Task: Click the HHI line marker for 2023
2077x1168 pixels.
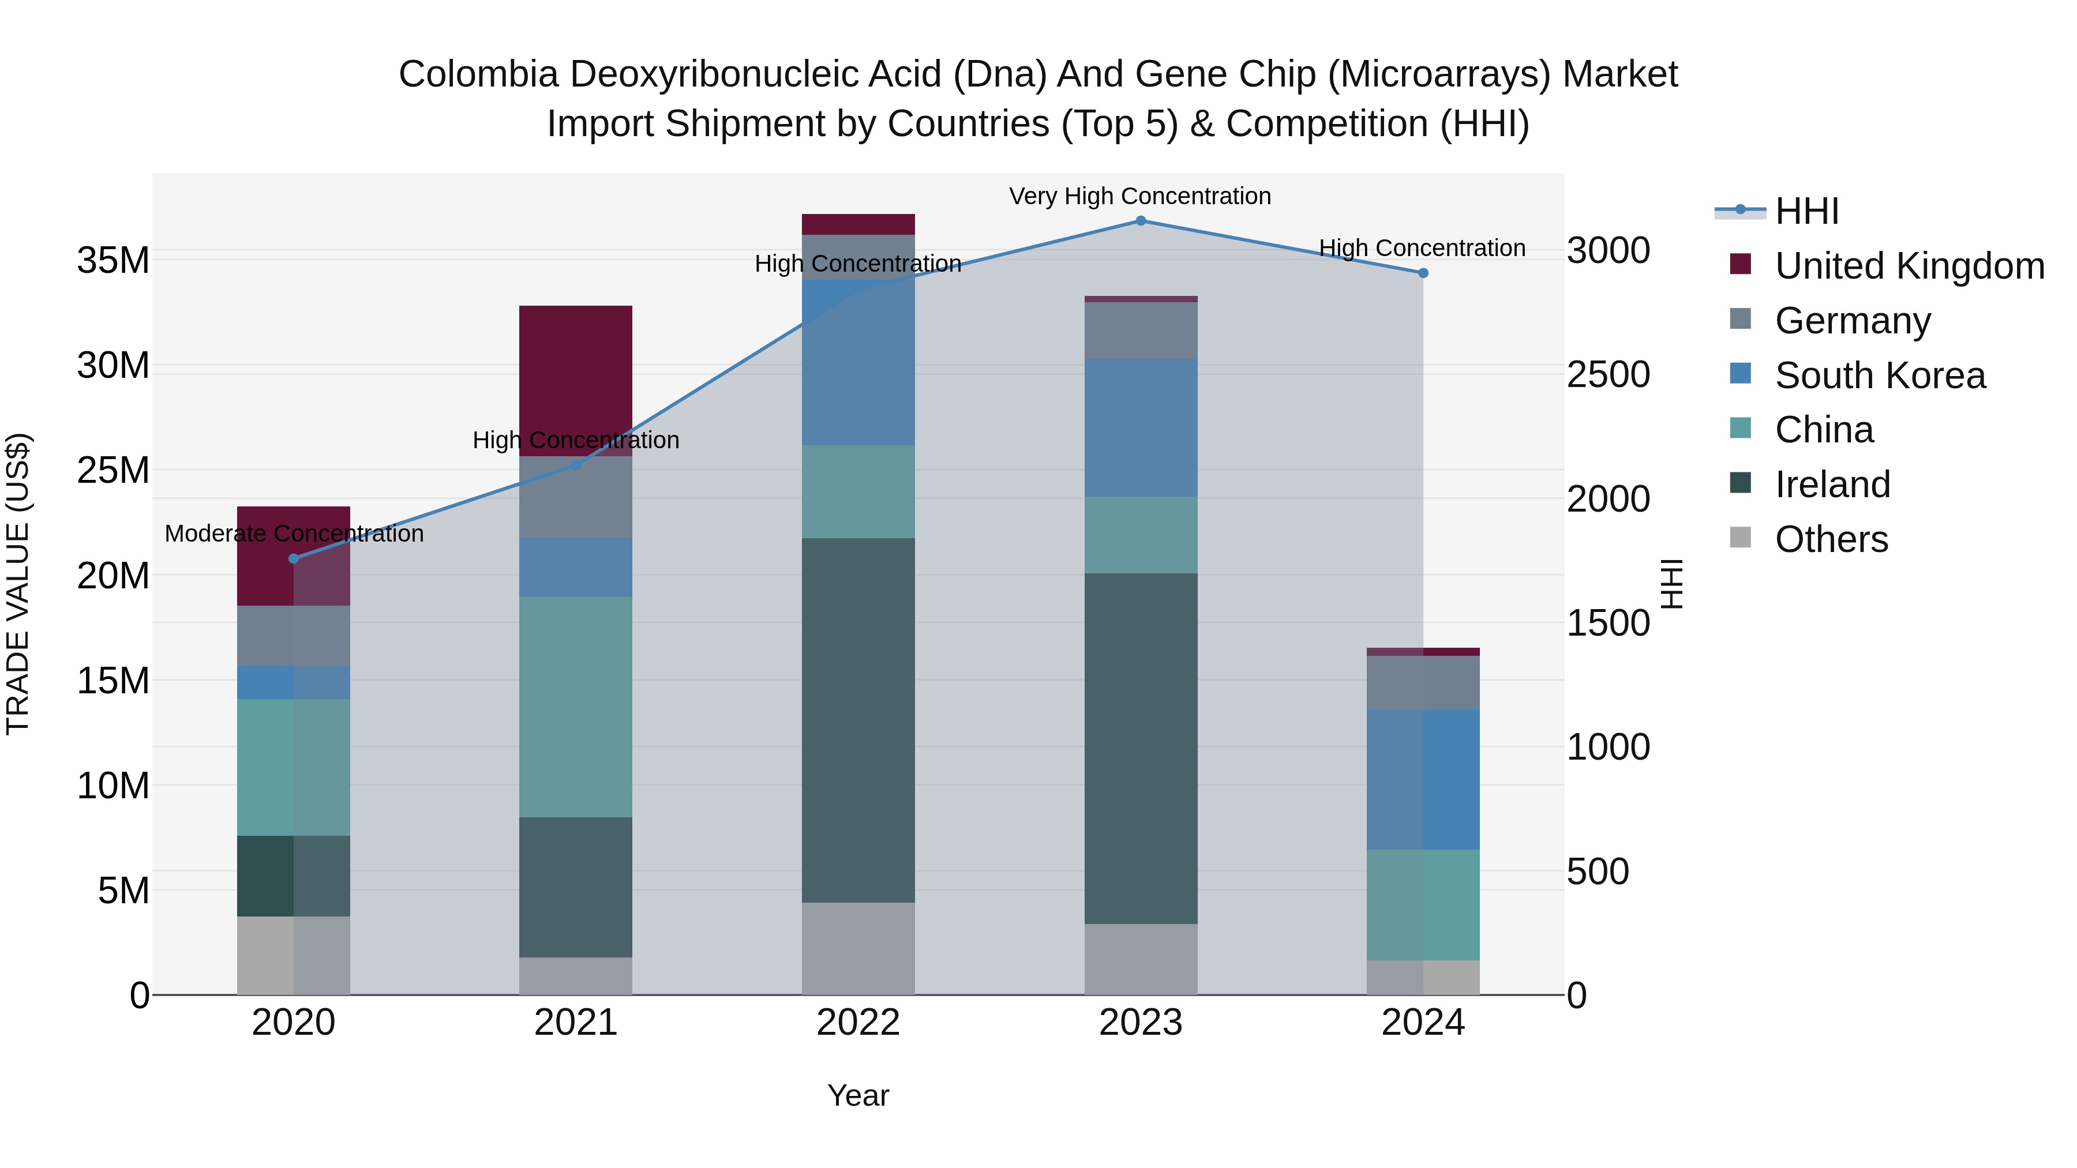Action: click(x=1140, y=221)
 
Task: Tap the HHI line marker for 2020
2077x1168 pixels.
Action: click(x=294, y=558)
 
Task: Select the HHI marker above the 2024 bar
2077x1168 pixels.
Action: click(x=1423, y=273)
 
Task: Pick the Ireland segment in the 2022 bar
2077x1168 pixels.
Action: click(x=858, y=720)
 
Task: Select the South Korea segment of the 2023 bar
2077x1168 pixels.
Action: click(x=1140, y=427)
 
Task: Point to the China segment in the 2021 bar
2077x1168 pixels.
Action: click(x=576, y=707)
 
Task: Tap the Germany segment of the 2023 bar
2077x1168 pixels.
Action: click(x=1140, y=331)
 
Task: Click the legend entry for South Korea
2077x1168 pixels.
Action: click(x=1880, y=375)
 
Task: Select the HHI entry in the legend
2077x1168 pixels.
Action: click(x=1806, y=211)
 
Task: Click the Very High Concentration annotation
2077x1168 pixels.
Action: click(x=1139, y=197)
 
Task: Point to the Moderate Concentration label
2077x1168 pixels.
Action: click(x=294, y=534)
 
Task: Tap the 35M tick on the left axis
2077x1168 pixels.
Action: click(x=113, y=260)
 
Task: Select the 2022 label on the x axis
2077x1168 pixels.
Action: click(x=858, y=1023)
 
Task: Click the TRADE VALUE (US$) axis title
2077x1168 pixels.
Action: click(x=18, y=584)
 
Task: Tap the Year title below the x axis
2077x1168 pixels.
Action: click(x=858, y=1095)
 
